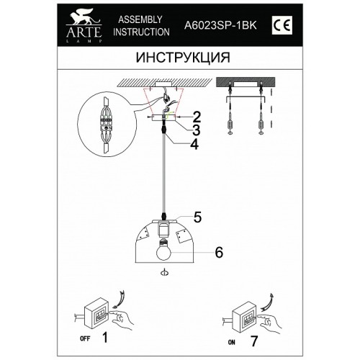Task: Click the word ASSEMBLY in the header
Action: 140,19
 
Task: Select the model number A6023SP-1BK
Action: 220,25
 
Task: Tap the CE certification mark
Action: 282,25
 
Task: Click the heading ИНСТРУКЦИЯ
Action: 183,58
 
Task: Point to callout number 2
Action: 197,117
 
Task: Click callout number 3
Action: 196,130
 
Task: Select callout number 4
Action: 194,144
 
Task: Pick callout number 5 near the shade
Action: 197,217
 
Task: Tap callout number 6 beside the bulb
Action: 219,252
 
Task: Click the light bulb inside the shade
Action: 163,249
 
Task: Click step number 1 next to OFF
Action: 104,337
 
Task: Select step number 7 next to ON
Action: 253,341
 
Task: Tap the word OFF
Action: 85,339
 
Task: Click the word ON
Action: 232,342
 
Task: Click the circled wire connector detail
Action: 107,125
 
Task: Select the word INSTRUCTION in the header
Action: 141,32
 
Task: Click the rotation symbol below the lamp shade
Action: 165,273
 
